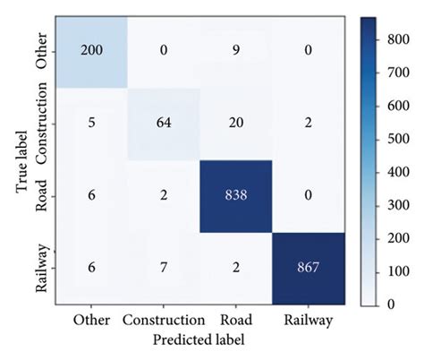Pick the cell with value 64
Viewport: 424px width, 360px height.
coord(163,124)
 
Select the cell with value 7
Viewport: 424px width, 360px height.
coord(163,268)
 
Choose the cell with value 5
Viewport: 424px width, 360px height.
coord(90,124)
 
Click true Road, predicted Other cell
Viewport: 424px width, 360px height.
coord(90,196)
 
